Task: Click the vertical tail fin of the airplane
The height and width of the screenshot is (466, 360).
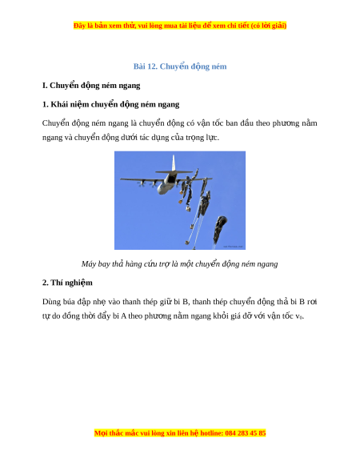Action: (x=174, y=163)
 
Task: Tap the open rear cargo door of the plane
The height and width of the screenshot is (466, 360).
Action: (x=170, y=179)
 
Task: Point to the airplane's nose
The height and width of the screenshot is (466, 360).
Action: (x=161, y=191)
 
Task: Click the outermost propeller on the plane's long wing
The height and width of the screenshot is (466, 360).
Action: (x=140, y=184)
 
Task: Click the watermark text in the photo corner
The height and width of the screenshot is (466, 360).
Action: (x=233, y=247)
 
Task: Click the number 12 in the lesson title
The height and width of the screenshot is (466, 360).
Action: (x=152, y=66)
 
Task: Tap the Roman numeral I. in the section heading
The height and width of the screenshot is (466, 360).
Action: (x=45, y=86)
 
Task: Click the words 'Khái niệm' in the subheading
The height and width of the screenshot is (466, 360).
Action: (x=70, y=105)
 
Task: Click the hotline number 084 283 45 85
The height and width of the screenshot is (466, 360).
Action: (x=246, y=433)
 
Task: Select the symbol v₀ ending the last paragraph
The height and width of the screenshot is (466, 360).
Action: (x=299, y=316)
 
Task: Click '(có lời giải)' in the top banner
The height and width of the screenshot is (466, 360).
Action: (x=269, y=26)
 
